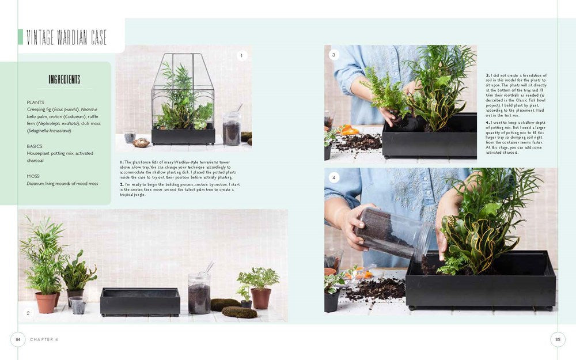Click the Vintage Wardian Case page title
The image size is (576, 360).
coord(70,37)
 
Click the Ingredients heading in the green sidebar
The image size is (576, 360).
coord(64,79)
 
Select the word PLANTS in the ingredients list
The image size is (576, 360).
coord(35,102)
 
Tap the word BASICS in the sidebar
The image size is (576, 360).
coord(35,146)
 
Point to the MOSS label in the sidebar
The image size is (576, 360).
coord(33,176)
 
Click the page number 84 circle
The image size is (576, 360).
coord(18,339)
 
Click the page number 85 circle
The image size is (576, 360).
coord(558,339)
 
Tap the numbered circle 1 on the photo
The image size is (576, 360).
coord(241,56)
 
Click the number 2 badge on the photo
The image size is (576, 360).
coord(28,313)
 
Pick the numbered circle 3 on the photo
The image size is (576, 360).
coord(334,55)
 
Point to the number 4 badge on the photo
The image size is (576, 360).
coord(334,177)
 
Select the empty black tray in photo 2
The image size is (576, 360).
coord(140,301)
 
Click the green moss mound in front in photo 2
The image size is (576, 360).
coord(240,312)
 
